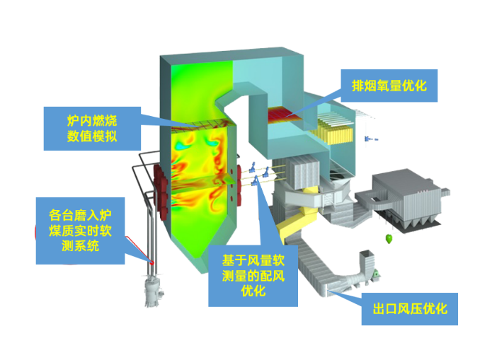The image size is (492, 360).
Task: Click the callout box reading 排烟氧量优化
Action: point(389,84)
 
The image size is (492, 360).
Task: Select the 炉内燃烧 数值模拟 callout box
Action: point(91,127)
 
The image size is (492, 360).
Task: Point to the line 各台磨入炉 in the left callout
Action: point(80,214)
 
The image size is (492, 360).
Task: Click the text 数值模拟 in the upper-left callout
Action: point(91,137)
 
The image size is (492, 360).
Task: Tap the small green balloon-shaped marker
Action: point(388,236)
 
